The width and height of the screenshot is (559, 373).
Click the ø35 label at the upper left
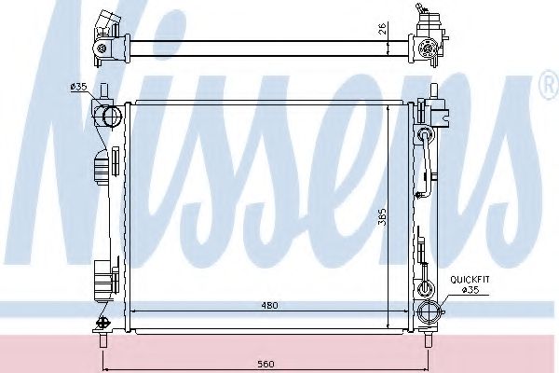click(x=78, y=87)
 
